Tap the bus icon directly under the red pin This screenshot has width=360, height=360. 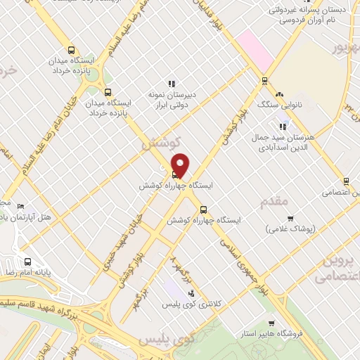(x=174, y=174)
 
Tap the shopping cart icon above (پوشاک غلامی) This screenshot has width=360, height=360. (x=290, y=219)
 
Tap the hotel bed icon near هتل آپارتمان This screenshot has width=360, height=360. (x=20, y=206)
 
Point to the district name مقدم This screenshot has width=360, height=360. (x=274, y=201)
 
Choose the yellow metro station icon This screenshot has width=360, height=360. (x=264, y=80)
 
